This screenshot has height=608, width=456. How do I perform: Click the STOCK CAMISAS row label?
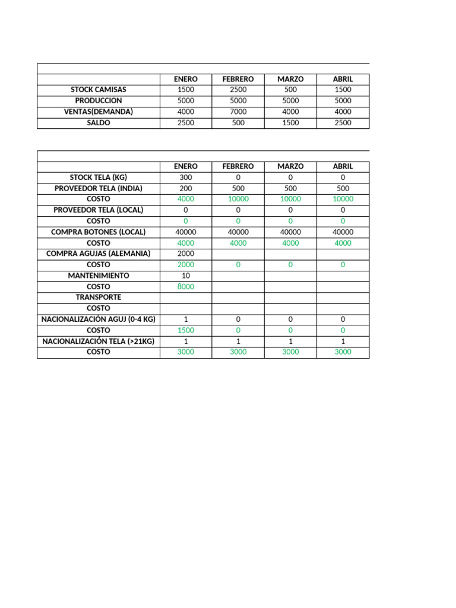tap(99, 90)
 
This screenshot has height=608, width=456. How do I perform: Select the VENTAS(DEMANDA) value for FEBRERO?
tap(238, 112)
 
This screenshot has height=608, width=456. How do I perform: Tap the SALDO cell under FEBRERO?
tap(238, 123)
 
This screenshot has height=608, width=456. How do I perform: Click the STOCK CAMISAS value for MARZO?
tap(290, 90)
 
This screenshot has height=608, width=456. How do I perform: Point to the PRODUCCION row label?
tap(99, 101)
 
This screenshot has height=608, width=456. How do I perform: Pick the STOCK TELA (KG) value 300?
tap(186, 178)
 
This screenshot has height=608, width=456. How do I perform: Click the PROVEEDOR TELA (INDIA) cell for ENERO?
tap(186, 188)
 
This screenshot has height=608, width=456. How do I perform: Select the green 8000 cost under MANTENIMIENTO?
tap(186, 286)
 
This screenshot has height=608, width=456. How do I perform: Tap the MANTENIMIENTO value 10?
tap(186, 275)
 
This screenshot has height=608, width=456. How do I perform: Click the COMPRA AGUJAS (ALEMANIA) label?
tap(99, 254)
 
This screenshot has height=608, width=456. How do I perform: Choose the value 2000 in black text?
tap(186, 254)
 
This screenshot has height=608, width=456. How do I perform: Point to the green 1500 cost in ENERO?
tap(186, 330)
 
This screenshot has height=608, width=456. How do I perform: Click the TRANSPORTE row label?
tap(99, 297)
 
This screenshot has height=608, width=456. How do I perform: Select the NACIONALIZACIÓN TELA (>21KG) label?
tap(99, 341)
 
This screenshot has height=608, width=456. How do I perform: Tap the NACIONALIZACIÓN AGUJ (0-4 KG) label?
tap(99, 319)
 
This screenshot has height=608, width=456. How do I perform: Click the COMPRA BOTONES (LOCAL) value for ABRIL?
tap(343, 232)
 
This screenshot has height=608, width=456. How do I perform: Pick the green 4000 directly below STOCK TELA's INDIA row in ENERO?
tap(186, 199)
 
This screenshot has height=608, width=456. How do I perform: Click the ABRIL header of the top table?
tap(343, 79)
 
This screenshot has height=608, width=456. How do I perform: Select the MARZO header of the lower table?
tap(290, 167)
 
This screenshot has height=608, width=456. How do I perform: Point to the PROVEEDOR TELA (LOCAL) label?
tap(99, 210)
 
